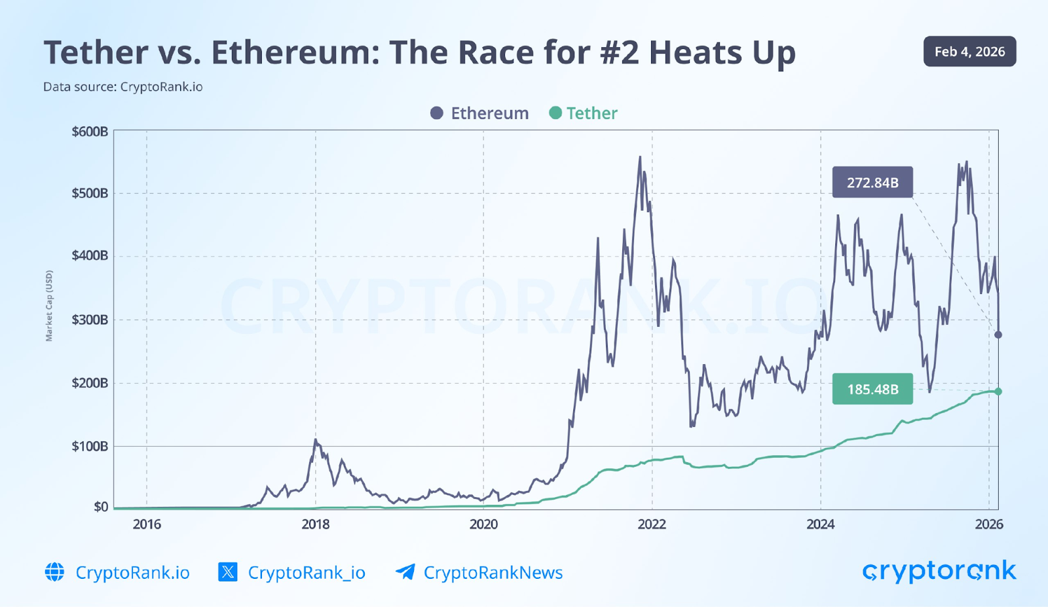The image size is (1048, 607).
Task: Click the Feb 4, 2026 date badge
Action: coord(969,52)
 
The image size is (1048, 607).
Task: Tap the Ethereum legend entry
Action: coord(479,113)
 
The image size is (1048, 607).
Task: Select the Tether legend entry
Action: coord(583,113)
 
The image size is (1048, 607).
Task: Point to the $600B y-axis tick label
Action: coord(90,132)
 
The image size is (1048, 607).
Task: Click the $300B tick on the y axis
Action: coord(90,320)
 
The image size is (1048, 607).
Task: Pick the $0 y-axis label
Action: coord(101,507)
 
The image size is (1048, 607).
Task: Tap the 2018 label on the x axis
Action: coord(315,524)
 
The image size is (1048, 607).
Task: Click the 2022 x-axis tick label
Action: coord(652,524)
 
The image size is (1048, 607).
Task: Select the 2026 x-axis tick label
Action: coord(988,524)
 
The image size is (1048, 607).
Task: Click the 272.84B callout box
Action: coord(872,183)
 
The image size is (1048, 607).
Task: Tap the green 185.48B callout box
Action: coord(872,390)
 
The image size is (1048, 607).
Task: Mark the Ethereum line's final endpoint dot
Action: coord(998,335)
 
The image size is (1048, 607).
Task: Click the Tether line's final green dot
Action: coord(998,392)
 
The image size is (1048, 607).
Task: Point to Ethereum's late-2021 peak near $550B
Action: coord(640,158)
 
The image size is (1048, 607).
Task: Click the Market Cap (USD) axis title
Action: coord(49,306)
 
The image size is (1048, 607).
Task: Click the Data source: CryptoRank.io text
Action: coord(123,87)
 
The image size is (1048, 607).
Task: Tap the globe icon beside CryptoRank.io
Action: coord(55,572)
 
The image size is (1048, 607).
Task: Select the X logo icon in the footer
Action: coord(228,572)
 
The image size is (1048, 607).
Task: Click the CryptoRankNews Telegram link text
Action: coord(493,573)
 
